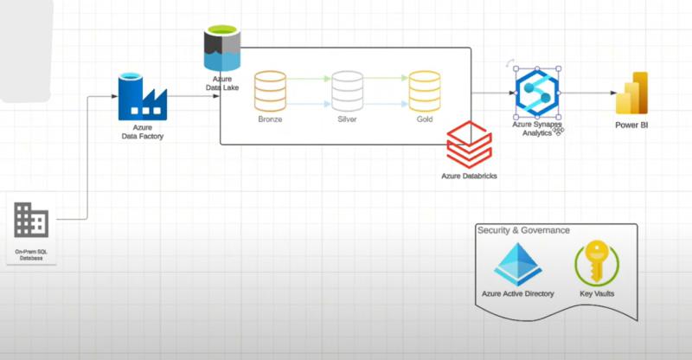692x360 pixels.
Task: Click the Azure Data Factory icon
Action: coord(142,96)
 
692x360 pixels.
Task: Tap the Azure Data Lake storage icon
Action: coord(220,48)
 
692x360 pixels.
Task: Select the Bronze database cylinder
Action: coord(270,91)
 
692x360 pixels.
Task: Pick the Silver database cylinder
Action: coord(347,91)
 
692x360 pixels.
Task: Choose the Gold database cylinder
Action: coord(425,91)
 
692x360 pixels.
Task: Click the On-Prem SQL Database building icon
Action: coord(32,221)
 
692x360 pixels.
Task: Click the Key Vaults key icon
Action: coord(597,264)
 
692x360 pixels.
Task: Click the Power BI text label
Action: coord(631,126)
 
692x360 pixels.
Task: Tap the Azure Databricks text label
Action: coord(469,177)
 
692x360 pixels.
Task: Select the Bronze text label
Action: coord(270,119)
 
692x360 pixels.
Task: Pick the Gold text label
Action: coord(425,119)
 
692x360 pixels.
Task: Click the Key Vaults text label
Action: coord(597,294)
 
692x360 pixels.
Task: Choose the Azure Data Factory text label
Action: coord(142,132)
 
